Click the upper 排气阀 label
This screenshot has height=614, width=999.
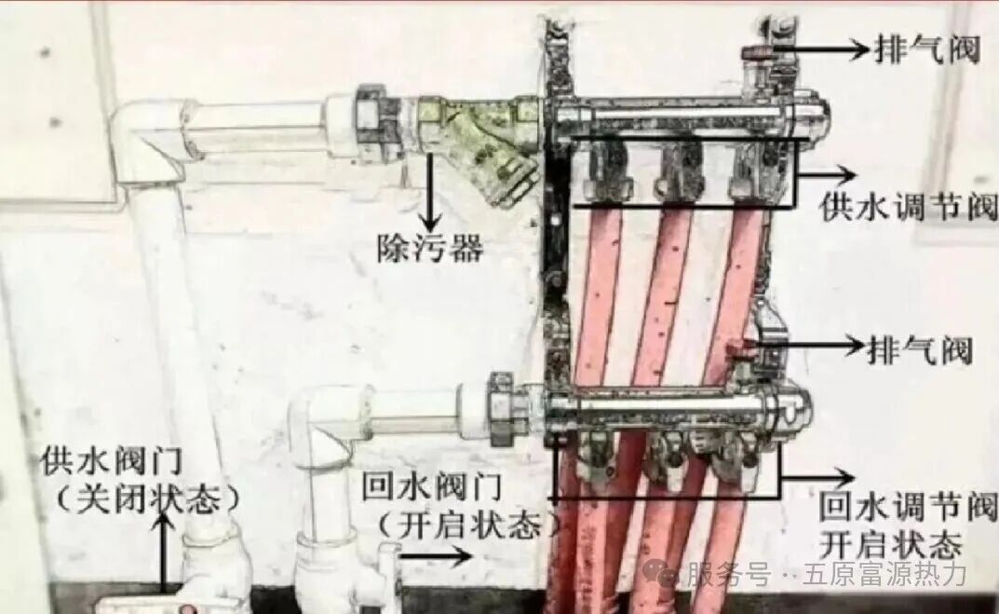pos(926,48)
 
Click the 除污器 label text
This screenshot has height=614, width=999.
pos(429,248)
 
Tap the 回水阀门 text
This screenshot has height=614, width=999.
pos(432,485)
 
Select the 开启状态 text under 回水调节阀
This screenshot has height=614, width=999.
pos(889,543)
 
